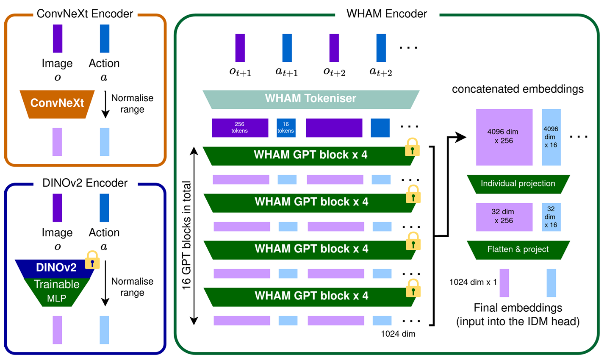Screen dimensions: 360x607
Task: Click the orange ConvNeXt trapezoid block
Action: coord(57,103)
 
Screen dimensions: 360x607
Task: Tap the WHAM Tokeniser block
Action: coord(310,99)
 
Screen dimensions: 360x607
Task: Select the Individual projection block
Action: coord(518,184)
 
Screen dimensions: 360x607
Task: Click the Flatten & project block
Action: coord(518,249)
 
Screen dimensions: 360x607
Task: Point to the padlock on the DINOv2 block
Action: coord(92,260)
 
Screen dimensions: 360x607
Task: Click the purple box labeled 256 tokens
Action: coord(240,127)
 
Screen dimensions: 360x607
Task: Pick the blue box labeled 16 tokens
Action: coord(286,127)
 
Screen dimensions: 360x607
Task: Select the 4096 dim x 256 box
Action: coord(504,137)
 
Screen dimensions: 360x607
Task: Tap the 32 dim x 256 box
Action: coord(504,217)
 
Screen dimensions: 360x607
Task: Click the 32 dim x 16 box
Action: coord(551,217)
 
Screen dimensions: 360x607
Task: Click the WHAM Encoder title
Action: coord(387,14)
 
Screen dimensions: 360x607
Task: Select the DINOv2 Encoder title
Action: coord(85,183)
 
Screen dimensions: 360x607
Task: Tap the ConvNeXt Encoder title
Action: coord(85,14)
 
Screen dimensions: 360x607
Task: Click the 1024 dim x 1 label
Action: coord(473,282)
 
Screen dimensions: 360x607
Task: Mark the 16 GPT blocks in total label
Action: coord(186,235)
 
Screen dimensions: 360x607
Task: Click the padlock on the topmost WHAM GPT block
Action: coord(412,148)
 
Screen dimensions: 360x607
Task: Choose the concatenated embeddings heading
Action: coord(518,89)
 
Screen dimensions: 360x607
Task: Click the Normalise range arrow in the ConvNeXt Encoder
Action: coord(105,104)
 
